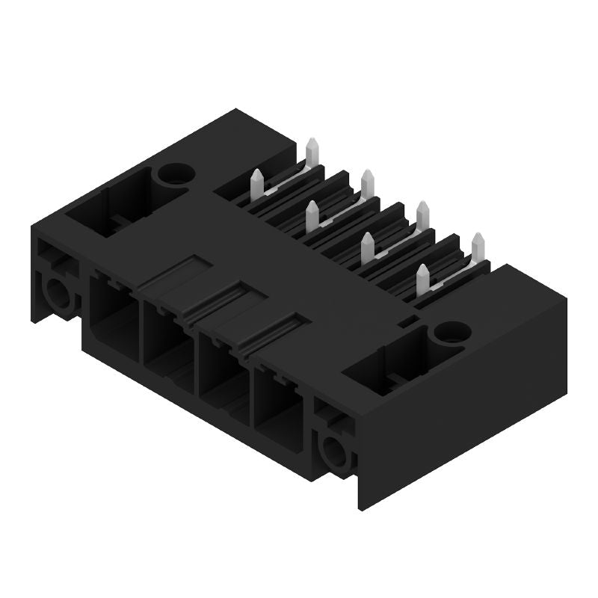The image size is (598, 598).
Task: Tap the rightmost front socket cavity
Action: coord(277,410)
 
